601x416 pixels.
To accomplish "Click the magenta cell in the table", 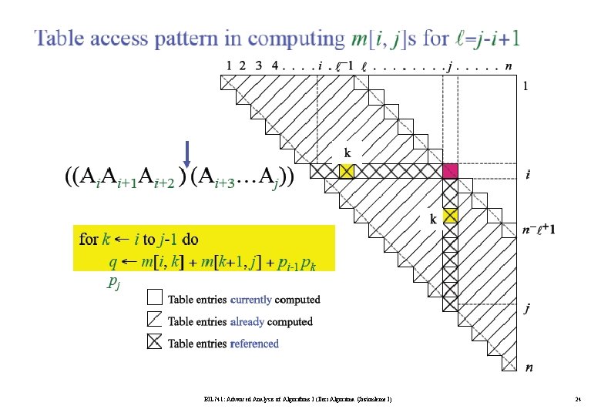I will (451, 170).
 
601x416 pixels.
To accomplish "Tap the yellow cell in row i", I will (347, 171).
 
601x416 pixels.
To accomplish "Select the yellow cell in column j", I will (451, 216).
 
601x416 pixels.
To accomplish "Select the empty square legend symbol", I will (155, 298).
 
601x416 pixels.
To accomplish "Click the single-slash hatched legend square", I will (155, 320).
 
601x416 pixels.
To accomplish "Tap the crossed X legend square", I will (155, 343).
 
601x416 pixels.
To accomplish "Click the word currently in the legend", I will (250, 299).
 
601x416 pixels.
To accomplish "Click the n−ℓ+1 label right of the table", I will (540, 229).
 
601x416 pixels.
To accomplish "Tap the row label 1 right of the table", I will (527, 86).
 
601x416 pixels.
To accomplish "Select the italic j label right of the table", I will (528, 309).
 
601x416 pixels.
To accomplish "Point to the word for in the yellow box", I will (89, 240).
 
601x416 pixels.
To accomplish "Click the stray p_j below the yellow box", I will (113, 283).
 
